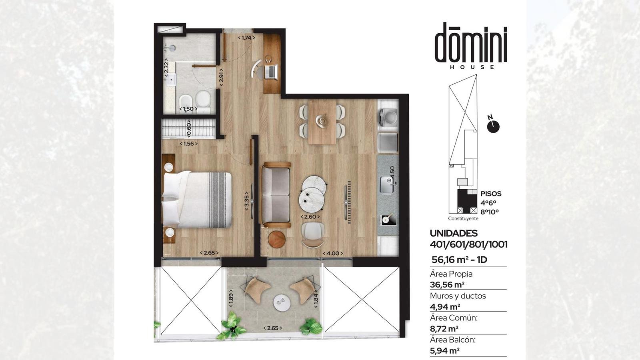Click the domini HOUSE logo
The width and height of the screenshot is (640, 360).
pyautogui.click(x=471, y=46)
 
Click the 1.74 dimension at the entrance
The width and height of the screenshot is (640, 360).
pyautogui.click(x=246, y=38)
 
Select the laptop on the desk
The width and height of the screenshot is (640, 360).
pyautogui.click(x=270, y=72)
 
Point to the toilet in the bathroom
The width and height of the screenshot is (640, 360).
pyautogui.click(x=203, y=102)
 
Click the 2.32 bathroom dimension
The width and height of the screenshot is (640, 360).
pyautogui.click(x=166, y=69)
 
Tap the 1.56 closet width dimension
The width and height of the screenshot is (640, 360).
pyautogui.click(x=188, y=144)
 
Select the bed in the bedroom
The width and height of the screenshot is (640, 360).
pyautogui.click(x=196, y=200)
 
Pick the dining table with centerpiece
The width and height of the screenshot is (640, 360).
pyautogui.click(x=322, y=122)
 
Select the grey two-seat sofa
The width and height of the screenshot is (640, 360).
pyautogui.click(x=276, y=195)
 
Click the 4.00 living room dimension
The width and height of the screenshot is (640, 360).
pyautogui.click(x=333, y=254)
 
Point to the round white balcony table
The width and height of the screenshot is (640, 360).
pyautogui.click(x=282, y=302)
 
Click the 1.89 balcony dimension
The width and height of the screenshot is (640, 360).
pyautogui.click(x=231, y=298)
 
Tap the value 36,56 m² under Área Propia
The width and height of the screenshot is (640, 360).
pyautogui.click(x=447, y=284)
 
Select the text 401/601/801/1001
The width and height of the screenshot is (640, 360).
pyautogui.click(x=468, y=244)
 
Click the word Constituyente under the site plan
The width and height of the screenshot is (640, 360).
pyautogui.click(x=463, y=218)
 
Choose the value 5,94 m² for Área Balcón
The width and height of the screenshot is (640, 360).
pyautogui.click(x=445, y=350)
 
